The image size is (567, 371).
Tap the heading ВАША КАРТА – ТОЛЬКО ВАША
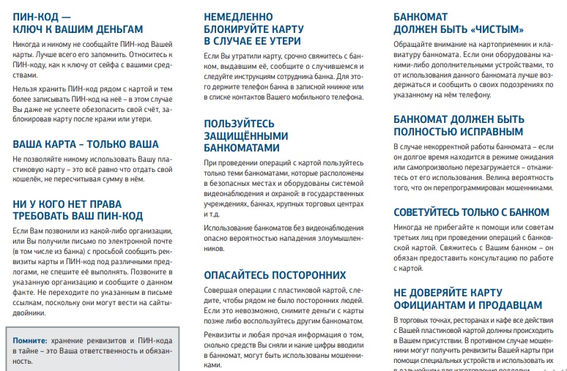tap(86, 144)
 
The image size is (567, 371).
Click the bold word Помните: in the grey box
tap(30, 341)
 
